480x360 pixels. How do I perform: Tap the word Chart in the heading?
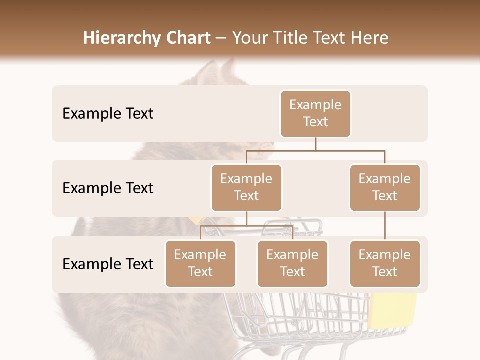186,38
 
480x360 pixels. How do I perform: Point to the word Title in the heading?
297,38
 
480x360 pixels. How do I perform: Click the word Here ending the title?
370,38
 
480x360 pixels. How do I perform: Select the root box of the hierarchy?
315,113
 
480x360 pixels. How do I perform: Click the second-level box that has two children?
246,187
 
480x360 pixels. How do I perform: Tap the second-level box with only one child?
384,187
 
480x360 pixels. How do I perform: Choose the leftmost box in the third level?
200,263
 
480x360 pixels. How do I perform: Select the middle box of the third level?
292,263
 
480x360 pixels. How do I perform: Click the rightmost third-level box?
384,263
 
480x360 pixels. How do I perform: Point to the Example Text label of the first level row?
108,113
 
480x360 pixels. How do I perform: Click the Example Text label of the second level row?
108,188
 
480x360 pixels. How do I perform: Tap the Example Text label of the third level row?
108,264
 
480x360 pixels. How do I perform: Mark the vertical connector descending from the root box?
315,144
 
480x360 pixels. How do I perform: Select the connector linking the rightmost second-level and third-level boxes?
385,226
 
